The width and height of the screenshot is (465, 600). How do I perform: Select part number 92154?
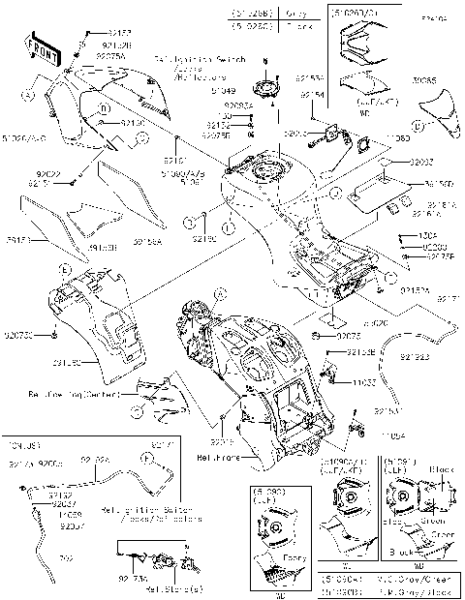(x=311, y=96)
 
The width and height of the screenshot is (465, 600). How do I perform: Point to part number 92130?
(x=133, y=124)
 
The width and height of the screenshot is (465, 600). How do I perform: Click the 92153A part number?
(x=310, y=76)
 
